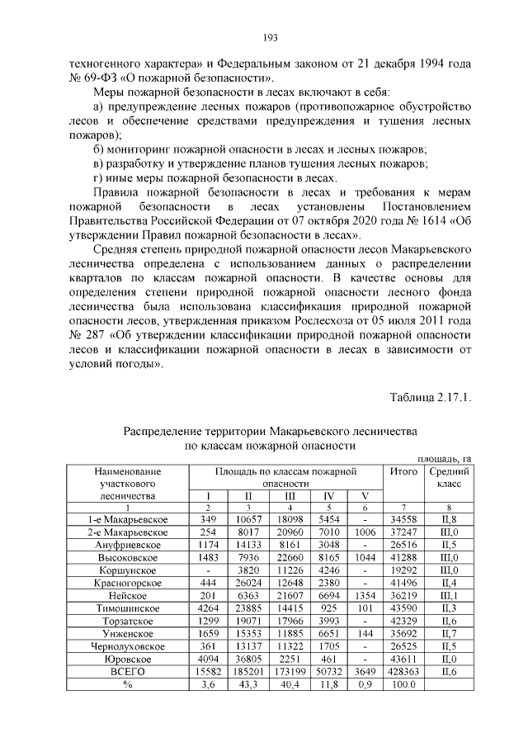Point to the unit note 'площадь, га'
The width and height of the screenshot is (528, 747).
[x=445, y=458]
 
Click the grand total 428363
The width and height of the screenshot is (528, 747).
[x=403, y=672]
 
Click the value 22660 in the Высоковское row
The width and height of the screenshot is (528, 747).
[x=288, y=557]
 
